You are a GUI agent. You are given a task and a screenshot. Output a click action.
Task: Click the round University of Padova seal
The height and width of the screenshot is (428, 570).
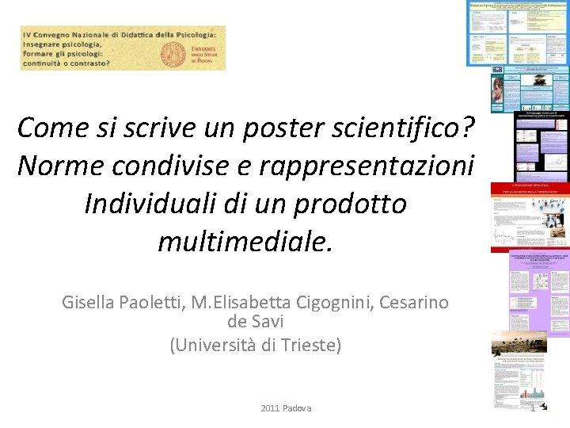click(x=173, y=52)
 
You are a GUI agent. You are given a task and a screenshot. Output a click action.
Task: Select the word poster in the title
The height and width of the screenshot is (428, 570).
click(x=253, y=126)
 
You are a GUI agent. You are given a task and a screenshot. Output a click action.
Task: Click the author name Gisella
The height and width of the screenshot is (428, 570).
click(x=89, y=302)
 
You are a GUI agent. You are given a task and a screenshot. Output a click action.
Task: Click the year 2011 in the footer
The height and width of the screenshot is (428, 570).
click(x=271, y=408)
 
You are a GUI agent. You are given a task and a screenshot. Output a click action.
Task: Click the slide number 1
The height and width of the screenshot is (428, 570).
click(x=533, y=408)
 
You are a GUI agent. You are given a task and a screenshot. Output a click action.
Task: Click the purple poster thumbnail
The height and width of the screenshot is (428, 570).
click(x=539, y=293)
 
